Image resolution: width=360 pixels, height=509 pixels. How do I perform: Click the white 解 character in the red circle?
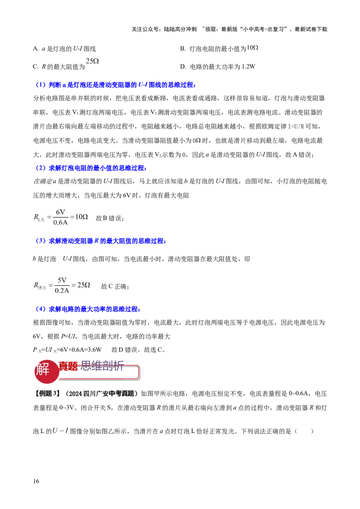[43, 371]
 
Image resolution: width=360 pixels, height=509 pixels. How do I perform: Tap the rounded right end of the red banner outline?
[139, 372]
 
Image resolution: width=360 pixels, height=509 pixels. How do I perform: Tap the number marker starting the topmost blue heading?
[41, 85]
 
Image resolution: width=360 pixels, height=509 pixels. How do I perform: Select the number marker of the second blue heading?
[41, 168]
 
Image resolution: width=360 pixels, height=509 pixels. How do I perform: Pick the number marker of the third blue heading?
[41, 241]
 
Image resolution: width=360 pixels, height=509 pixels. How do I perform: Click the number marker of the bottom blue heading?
[41, 309]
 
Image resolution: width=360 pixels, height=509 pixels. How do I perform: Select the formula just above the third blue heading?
[62, 218]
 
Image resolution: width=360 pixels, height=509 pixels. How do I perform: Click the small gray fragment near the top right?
[253, 47]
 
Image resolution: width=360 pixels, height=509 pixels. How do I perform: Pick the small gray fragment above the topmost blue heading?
[92, 61]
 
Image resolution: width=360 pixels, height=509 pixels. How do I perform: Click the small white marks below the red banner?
[59, 429]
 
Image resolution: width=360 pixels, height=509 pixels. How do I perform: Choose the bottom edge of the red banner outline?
[99, 379]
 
